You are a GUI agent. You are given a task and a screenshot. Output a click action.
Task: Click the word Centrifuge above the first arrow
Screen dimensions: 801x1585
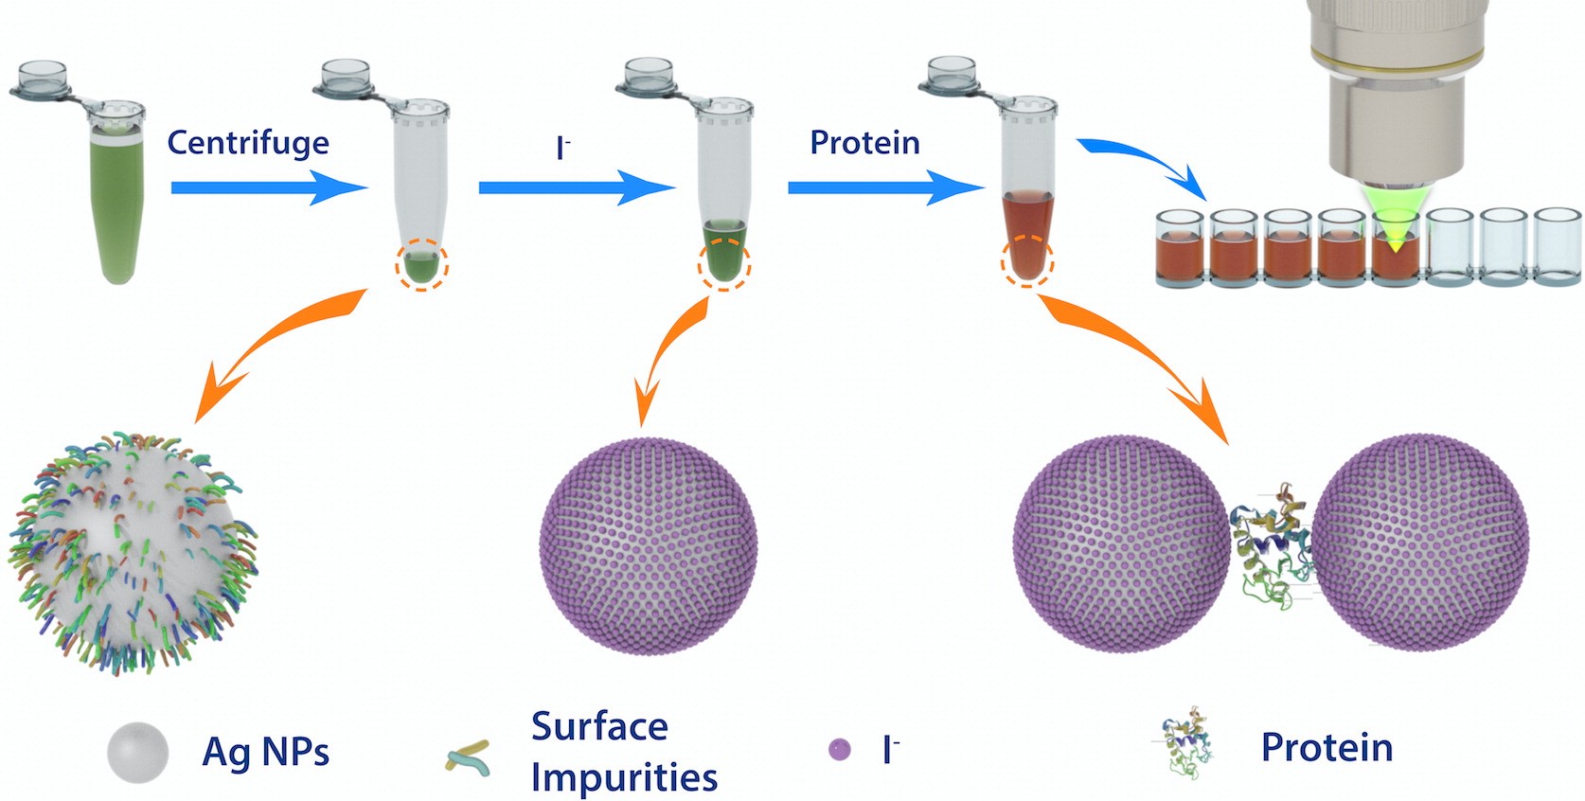pos(248,143)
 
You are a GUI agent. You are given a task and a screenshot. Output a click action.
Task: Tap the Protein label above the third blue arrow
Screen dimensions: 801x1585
pos(864,143)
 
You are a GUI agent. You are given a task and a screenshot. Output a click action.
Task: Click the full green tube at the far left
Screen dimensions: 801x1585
pos(117,199)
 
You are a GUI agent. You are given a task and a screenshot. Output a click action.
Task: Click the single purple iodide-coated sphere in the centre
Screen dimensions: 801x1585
pos(649,544)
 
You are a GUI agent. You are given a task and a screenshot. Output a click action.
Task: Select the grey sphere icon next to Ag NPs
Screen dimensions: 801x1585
pos(138,753)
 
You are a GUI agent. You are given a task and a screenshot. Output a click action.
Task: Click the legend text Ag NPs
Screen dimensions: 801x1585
pos(266,753)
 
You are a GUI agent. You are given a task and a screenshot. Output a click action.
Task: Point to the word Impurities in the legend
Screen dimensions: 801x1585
pos(624,777)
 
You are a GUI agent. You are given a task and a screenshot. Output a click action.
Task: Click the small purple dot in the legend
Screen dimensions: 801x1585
pos(839,751)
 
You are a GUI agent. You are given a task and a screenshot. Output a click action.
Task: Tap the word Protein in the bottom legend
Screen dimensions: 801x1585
pos(1327,748)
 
